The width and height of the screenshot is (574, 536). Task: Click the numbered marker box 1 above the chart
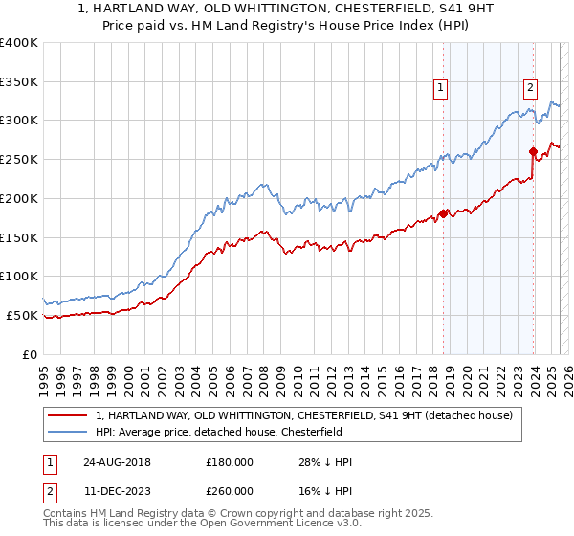(440, 88)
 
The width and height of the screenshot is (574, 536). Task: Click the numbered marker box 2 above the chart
(530, 88)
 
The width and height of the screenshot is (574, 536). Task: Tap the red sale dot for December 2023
(533, 151)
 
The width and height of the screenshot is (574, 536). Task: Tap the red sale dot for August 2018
(443, 213)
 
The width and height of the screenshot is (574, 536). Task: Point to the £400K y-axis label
(19, 43)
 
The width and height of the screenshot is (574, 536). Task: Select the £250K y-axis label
(19, 160)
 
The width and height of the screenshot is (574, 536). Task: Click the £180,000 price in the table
(230, 462)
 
